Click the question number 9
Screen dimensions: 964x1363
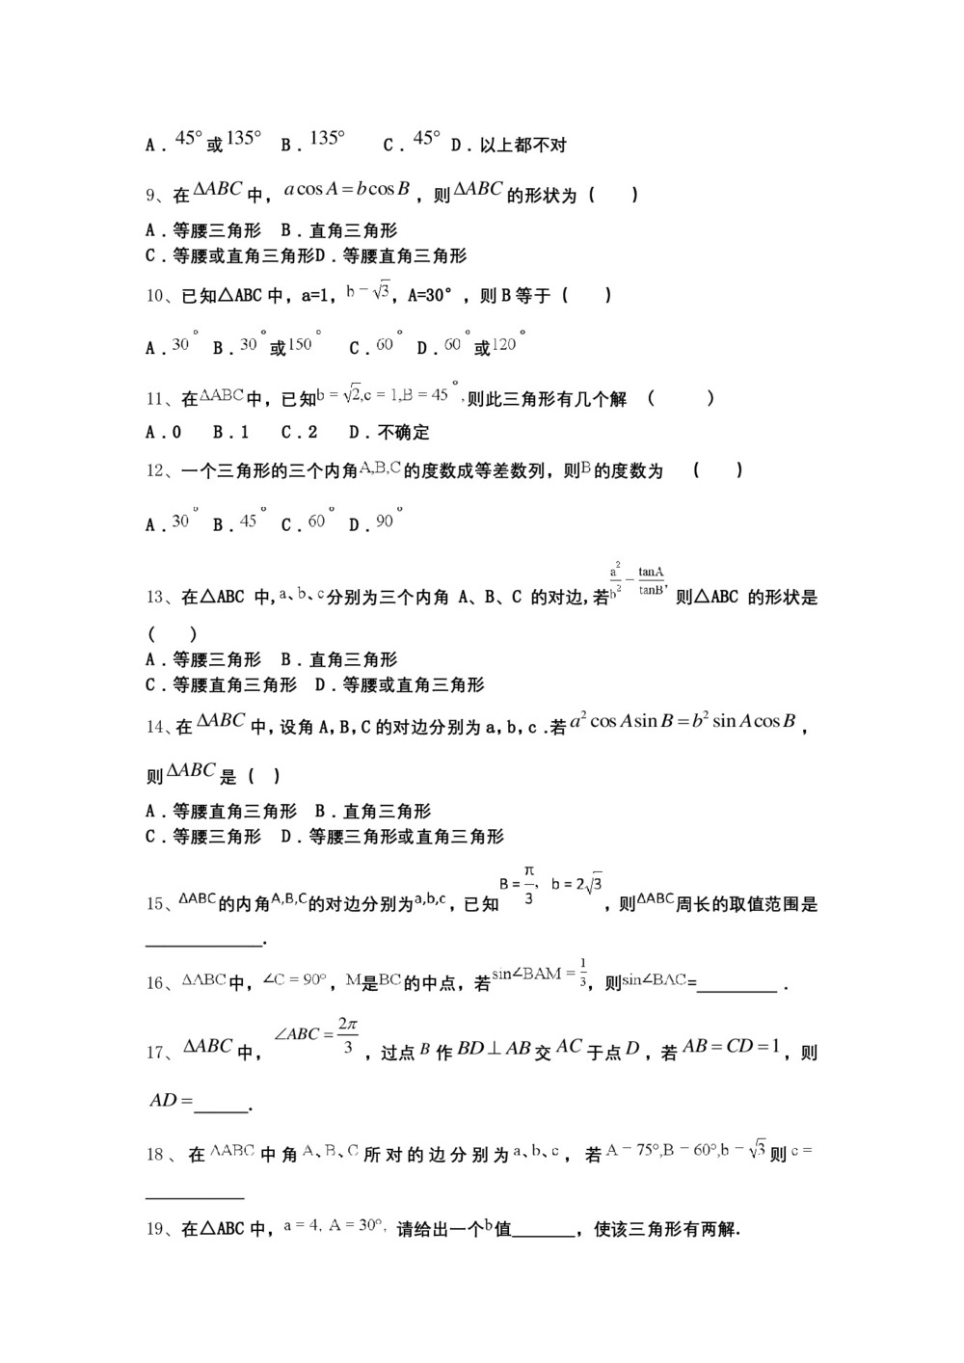[x=152, y=196]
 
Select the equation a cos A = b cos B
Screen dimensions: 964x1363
[x=347, y=189]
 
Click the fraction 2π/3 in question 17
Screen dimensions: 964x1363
[x=347, y=1035]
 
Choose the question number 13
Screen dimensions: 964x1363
[x=155, y=598]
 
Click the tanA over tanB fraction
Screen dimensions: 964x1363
[x=651, y=581]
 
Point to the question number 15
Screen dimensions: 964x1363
[x=155, y=904]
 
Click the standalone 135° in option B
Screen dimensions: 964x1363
[x=327, y=139]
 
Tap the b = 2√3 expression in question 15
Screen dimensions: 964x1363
[x=577, y=883]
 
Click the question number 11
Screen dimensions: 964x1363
[x=155, y=399]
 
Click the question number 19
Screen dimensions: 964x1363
[x=155, y=1230]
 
